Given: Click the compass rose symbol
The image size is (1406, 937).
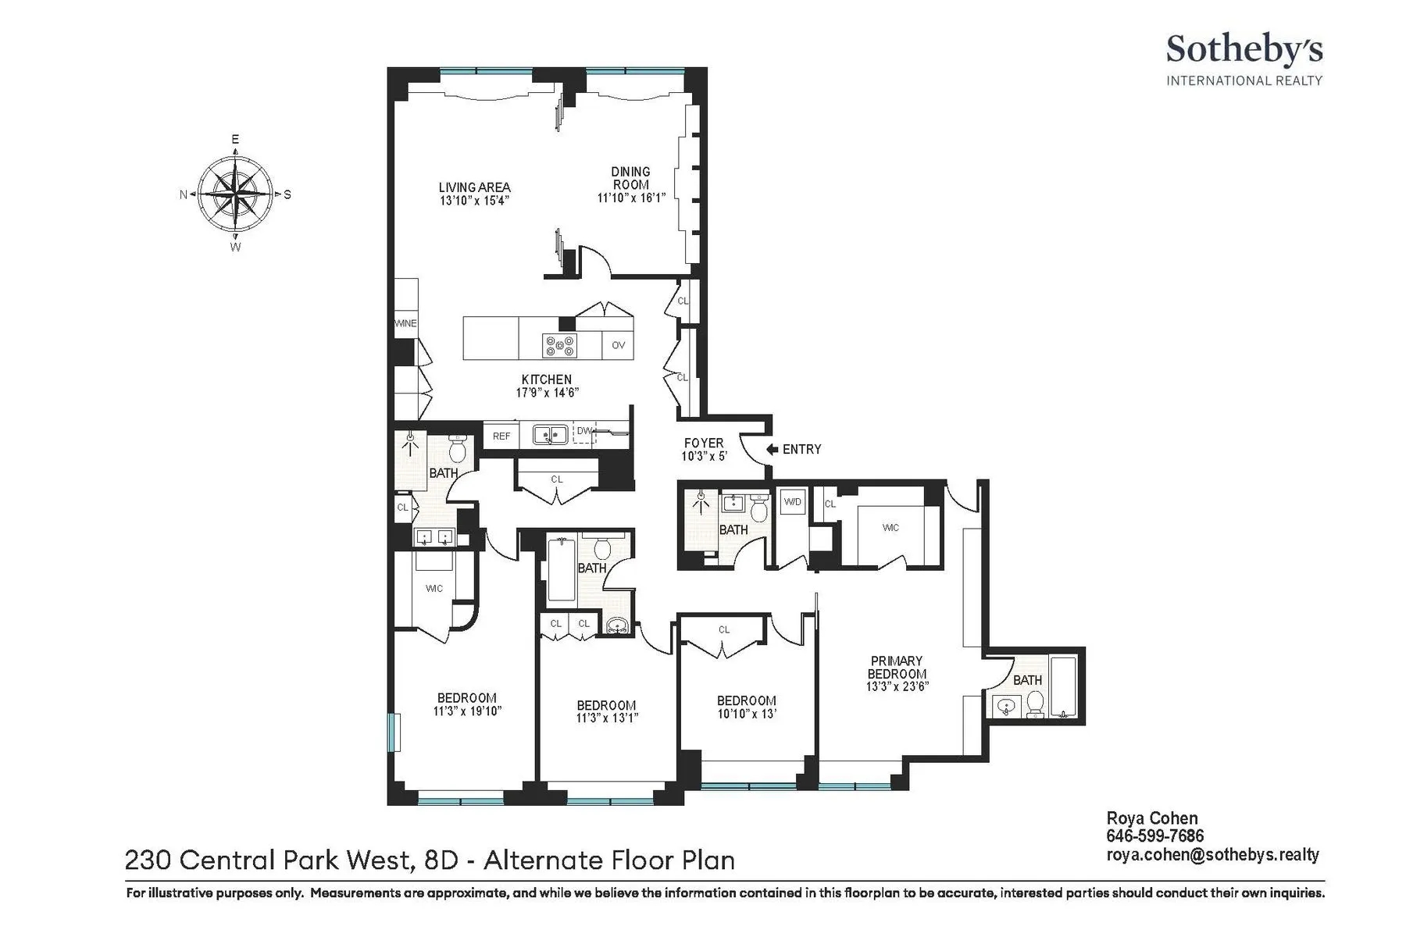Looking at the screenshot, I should (x=235, y=193).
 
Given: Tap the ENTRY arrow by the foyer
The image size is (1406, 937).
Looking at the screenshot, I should (x=773, y=449).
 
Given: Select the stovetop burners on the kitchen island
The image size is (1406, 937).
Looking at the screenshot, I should (x=560, y=345).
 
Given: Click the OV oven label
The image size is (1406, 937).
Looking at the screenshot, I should (x=618, y=345).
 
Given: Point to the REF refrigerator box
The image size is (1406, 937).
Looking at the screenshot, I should (x=501, y=436).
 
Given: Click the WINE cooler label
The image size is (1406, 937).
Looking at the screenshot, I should (x=405, y=323).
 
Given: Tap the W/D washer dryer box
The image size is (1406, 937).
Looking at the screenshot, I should (x=792, y=502).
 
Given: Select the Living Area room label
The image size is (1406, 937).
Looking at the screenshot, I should (x=474, y=187).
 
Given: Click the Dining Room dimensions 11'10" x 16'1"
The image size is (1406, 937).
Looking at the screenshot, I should (x=631, y=198).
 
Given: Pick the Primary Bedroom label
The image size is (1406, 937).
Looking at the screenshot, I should (x=897, y=667).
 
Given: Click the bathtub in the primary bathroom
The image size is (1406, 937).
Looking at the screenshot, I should (x=1063, y=687).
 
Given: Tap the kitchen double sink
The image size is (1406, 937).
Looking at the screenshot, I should (x=550, y=434).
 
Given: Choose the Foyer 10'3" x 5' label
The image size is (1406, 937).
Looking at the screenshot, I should (x=704, y=449).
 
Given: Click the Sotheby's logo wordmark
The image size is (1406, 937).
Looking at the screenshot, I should (x=1244, y=50).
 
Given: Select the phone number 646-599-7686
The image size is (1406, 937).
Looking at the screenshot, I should (x=1154, y=836).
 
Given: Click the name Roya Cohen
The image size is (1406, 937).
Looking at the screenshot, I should (x=1152, y=818).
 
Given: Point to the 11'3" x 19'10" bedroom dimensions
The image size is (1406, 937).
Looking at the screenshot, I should (x=466, y=711).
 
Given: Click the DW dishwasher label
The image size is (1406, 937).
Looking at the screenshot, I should (x=583, y=430).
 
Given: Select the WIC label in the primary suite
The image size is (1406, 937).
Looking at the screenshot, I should (x=890, y=528).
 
